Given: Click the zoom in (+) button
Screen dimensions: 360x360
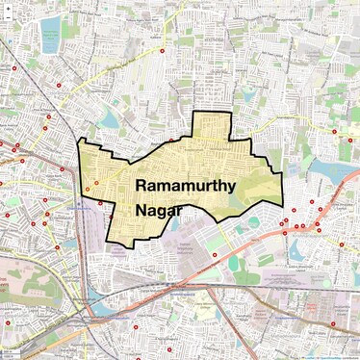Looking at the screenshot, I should tap(9, 7).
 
